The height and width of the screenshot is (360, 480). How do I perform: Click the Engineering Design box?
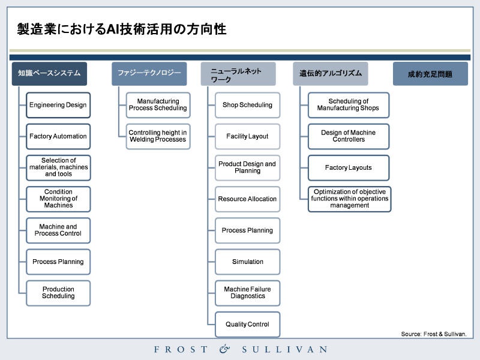click(58, 105)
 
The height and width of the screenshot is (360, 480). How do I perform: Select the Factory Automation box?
click(58, 137)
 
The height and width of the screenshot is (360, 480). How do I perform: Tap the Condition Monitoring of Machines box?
click(58, 199)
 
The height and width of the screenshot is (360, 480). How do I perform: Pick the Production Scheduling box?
click(58, 293)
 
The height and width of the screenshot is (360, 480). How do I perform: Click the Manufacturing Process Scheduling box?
click(158, 105)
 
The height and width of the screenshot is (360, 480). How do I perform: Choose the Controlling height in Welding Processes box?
click(158, 137)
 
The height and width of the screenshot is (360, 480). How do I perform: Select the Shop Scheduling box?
click(247, 105)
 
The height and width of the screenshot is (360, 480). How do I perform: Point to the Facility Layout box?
click(247, 137)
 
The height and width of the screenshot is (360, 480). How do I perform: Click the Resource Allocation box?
click(247, 199)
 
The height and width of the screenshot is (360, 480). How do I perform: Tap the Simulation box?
click(247, 262)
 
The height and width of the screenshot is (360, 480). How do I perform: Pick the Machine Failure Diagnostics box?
click(247, 293)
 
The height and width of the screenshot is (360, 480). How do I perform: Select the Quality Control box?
click(247, 325)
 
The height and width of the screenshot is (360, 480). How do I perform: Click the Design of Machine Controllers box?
click(349, 137)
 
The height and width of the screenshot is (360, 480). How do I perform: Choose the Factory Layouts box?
click(349, 168)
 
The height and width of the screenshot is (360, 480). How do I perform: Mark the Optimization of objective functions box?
click(349, 199)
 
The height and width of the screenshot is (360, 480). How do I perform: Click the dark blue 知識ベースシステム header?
click(49, 74)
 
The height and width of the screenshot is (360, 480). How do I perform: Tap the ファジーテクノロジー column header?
click(149, 74)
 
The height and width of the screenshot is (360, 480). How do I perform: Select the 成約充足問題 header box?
click(430, 74)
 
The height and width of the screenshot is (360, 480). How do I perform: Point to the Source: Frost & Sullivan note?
click(434, 334)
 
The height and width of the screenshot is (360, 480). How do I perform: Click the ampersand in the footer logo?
click(224, 349)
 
